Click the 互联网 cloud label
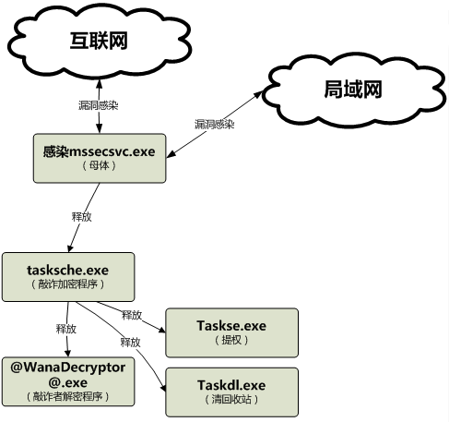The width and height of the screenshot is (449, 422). coord(99,41)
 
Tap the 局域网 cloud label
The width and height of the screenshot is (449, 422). coord(353,90)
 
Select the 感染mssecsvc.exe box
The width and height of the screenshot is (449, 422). coord(100,158)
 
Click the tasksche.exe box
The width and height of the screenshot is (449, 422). coord(68,277)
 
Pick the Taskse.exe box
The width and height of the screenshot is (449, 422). coord(231,332)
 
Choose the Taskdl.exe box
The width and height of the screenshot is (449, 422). coord(231,392)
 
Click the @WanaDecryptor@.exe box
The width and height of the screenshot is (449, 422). coord(68,381)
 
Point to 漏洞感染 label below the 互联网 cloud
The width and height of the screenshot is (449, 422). coord(99,105)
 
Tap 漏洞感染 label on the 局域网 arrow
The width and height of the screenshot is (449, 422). coord(214,124)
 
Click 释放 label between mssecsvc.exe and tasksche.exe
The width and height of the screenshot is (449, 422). coord(82,217)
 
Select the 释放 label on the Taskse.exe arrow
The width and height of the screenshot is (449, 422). coord(132,315)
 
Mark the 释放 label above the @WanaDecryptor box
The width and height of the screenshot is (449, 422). coord(66,329)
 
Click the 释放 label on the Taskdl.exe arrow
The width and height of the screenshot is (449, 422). coord(131,343)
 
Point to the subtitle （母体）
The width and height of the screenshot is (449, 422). coord(100,165)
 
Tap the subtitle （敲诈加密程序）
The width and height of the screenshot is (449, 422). coord(68,284)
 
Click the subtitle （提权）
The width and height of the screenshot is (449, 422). coord(231,340)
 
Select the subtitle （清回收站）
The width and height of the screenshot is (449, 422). coord(231,400)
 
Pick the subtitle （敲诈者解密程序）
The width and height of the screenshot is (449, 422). coord(68,396)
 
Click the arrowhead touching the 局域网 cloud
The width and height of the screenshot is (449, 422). coord(258,93)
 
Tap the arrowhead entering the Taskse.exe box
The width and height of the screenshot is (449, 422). coord(162,330)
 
